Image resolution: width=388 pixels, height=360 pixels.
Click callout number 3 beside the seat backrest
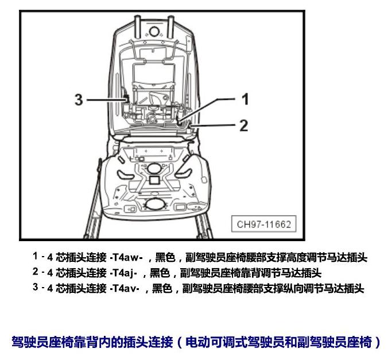(79, 99)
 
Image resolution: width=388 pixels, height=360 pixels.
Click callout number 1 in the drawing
(245, 99)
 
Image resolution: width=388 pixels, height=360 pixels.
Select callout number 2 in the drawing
(244, 125)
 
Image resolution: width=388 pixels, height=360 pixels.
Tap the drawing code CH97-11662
(264, 224)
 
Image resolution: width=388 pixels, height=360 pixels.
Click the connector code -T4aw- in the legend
(126, 257)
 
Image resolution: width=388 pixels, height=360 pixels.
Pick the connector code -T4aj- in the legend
(123, 273)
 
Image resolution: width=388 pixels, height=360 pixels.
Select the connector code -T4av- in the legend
(125, 288)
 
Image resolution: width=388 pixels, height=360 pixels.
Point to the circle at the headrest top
(154, 32)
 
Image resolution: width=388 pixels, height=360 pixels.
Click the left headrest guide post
(137, 27)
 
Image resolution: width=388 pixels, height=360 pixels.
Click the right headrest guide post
(170, 27)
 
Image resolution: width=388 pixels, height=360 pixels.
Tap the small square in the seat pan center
(154, 180)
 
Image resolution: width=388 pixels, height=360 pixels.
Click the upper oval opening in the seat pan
(154, 168)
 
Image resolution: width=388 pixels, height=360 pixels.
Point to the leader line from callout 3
(107, 100)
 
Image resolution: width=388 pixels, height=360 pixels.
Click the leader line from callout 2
(212, 126)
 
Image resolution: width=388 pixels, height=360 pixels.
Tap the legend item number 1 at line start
(36, 257)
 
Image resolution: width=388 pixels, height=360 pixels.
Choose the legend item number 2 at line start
(36, 272)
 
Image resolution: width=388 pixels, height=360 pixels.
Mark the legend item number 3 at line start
(36, 287)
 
